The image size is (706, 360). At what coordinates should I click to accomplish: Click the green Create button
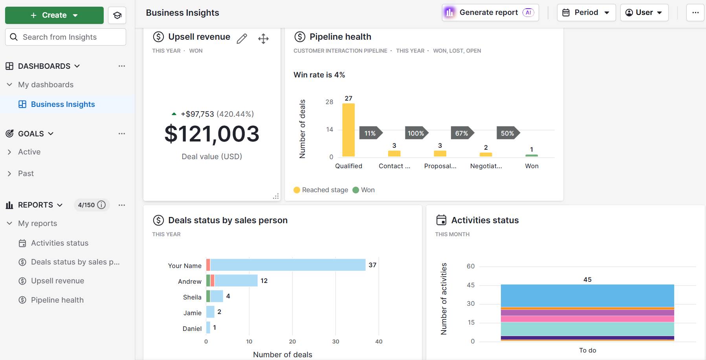coord(54,15)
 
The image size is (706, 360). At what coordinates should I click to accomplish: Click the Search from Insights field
coord(66,37)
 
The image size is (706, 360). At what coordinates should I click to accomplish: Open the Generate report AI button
coord(490,13)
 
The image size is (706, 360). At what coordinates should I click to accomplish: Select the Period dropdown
coord(586,13)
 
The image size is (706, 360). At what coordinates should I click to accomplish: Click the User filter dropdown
coord(644,13)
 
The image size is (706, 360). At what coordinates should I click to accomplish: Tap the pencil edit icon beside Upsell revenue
coord(242,39)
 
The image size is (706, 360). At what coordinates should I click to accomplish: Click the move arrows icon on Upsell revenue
coord(263,39)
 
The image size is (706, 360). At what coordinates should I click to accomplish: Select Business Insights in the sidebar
coord(63,104)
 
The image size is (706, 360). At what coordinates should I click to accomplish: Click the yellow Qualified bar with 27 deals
coord(348,130)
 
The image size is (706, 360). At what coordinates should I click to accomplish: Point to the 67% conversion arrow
coord(462,133)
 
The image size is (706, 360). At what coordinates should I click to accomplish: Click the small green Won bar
coord(532,155)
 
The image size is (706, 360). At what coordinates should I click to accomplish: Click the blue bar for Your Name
coord(288,265)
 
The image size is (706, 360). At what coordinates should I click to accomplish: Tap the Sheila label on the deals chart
coord(192,297)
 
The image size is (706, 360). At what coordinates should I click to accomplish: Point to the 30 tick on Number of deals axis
coord(336,342)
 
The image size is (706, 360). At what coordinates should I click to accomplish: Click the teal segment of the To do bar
coord(587,329)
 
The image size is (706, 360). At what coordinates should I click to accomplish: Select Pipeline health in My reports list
coord(57,300)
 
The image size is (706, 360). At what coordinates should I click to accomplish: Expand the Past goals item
coord(26,173)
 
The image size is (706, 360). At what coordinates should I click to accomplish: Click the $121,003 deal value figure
coord(212,134)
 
